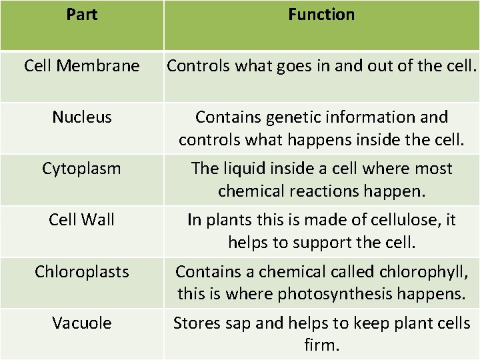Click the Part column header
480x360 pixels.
coord(82,15)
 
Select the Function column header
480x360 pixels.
coord(321,15)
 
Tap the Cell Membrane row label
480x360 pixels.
coord(82,66)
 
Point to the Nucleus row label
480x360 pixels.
coord(82,117)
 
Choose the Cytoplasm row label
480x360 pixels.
coord(82,169)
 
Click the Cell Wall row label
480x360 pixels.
coord(82,219)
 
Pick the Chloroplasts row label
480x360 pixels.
coord(82,271)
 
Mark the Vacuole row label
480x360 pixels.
coord(82,323)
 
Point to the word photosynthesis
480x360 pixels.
coord(325,293)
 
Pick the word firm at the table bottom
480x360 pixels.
coord(322,345)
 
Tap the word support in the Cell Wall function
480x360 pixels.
coord(317,243)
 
